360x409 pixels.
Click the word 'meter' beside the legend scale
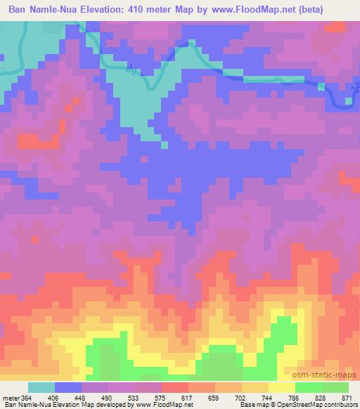point(10,398)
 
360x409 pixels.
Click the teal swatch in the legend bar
point(41,388)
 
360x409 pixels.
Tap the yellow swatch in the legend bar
point(281,388)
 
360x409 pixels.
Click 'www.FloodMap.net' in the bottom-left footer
point(146,405)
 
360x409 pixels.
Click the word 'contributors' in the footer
point(342,405)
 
